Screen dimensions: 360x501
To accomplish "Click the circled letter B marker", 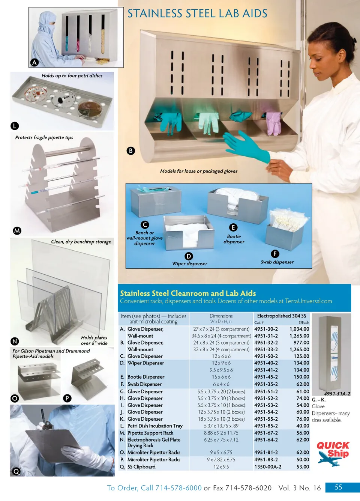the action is (x=131, y=151).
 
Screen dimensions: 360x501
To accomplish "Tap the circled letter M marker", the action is (x=17, y=230).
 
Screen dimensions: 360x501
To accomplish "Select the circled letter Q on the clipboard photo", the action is (x=16, y=472).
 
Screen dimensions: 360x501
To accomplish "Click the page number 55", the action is (x=338, y=487).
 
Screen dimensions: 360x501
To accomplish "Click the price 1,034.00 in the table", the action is (x=299, y=329).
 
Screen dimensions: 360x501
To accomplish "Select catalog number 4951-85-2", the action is (x=266, y=426).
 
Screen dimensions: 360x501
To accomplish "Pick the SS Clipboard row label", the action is (x=141, y=467).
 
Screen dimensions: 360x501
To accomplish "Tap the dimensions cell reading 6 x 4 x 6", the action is (x=221, y=384).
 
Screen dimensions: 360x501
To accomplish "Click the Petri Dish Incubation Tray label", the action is (x=155, y=426).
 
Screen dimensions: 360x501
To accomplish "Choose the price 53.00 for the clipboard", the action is (x=303, y=467).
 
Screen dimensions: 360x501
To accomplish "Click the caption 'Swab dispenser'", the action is (x=277, y=262).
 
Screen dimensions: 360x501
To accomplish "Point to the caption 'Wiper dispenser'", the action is (x=189, y=263).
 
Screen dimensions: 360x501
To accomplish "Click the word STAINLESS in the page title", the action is (x=155, y=14).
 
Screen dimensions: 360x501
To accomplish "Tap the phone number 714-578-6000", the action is (x=178, y=488).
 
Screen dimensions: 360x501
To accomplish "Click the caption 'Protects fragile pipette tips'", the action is (x=44, y=138).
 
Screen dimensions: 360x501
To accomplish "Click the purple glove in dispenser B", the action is (x=273, y=123).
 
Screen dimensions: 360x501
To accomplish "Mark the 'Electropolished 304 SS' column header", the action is (x=282, y=316).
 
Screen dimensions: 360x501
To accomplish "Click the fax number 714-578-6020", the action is (x=248, y=488).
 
